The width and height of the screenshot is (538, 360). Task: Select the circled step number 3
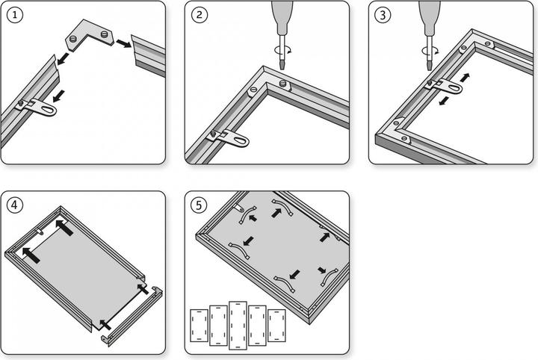click(383, 16)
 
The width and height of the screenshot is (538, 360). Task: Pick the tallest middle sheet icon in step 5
click(238, 325)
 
